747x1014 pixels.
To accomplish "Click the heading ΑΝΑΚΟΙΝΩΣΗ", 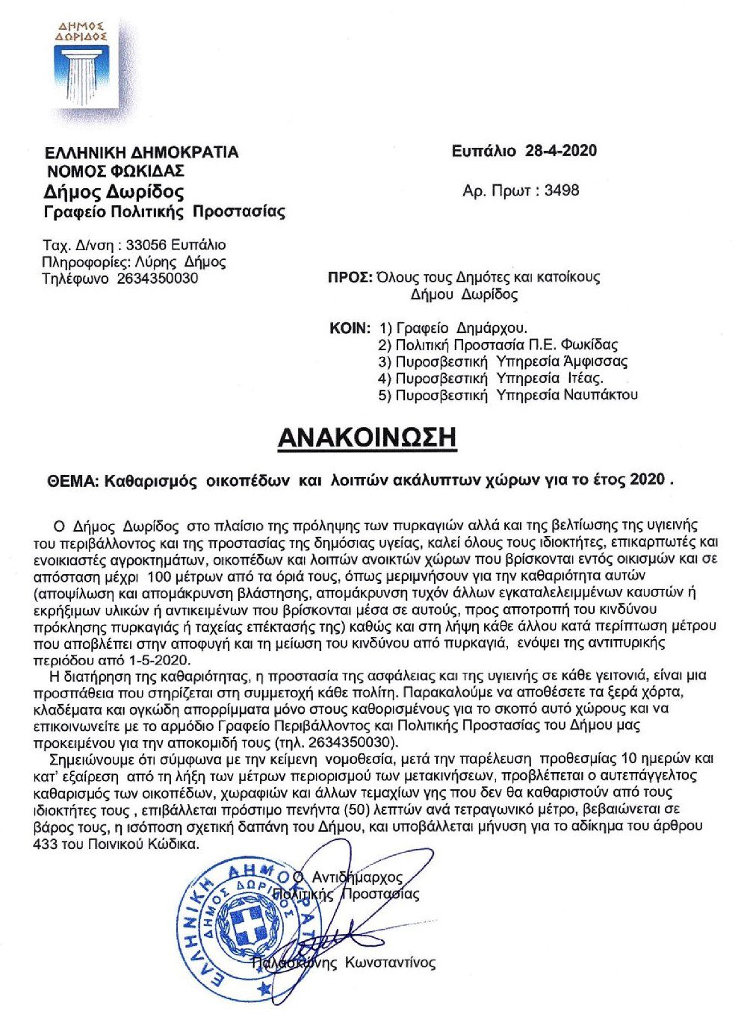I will click(366, 438).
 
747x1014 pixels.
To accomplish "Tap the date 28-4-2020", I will click(561, 151).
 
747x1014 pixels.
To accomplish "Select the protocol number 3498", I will click(561, 190).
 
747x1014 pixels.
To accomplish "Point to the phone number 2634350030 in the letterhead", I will click(158, 279).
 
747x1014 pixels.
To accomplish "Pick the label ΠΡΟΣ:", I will click(350, 277).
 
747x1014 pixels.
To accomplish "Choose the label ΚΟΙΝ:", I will click(350, 328).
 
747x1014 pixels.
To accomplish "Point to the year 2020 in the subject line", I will click(646, 479).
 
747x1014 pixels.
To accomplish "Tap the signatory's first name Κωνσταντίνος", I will click(389, 962).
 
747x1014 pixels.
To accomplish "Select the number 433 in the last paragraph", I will click(46, 844).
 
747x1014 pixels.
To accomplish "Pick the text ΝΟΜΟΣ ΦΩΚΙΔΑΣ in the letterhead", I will click(115, 170).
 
